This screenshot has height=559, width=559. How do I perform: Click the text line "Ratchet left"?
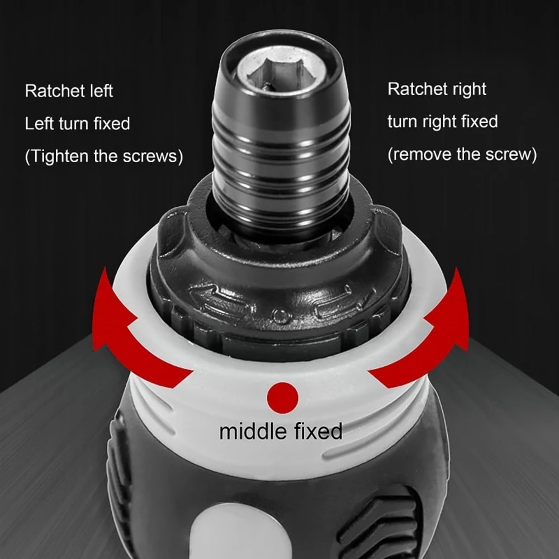pos(69,91)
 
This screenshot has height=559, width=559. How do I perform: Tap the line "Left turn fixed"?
pos(77,123)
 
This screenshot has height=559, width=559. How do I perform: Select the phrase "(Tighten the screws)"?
pos(104,156)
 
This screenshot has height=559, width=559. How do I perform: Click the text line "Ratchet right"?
pos(437,89)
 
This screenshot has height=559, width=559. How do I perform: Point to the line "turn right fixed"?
pos(442,121)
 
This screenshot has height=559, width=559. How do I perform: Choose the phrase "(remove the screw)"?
pos(462,154)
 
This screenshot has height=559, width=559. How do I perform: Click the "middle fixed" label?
pos(281,431)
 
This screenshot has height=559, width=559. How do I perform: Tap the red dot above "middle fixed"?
pos(282,397)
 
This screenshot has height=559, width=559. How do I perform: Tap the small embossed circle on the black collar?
pos(279,316)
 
